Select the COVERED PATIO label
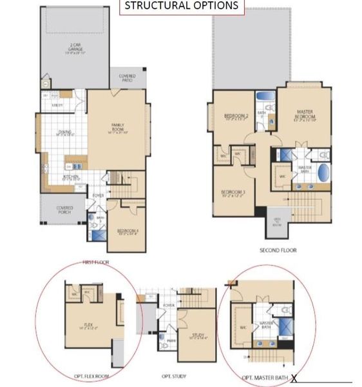pos(127,77)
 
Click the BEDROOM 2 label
pos(236,117)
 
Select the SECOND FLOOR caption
pos(278,250)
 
